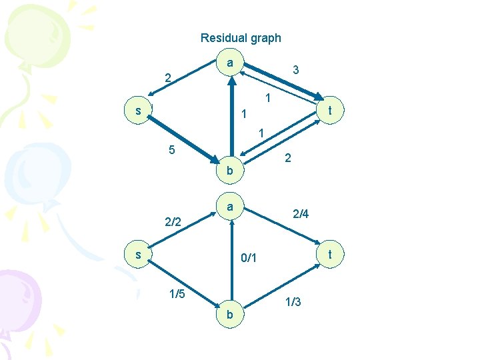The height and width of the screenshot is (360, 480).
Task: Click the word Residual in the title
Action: coord(223,38)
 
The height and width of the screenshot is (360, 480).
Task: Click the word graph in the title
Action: coord(265,39)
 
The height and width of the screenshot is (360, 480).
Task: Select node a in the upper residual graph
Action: coord(229,63)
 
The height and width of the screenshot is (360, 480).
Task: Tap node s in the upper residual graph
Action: coord(138,110)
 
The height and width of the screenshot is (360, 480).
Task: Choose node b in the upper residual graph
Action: coord(229,171)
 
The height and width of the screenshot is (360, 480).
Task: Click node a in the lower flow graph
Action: coord(229,207)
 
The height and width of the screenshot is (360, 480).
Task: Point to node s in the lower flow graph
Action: coord(138,255)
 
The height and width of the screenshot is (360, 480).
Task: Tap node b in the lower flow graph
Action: coord(229,314)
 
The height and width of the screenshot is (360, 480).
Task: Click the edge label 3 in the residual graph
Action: coord(296,69)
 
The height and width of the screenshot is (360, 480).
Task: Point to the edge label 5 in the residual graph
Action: coord(171,150)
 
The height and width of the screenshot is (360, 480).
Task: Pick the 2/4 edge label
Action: coord(301,214)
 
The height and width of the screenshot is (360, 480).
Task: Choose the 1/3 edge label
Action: coord(293,302)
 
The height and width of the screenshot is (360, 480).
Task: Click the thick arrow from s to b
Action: coord(183,140)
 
